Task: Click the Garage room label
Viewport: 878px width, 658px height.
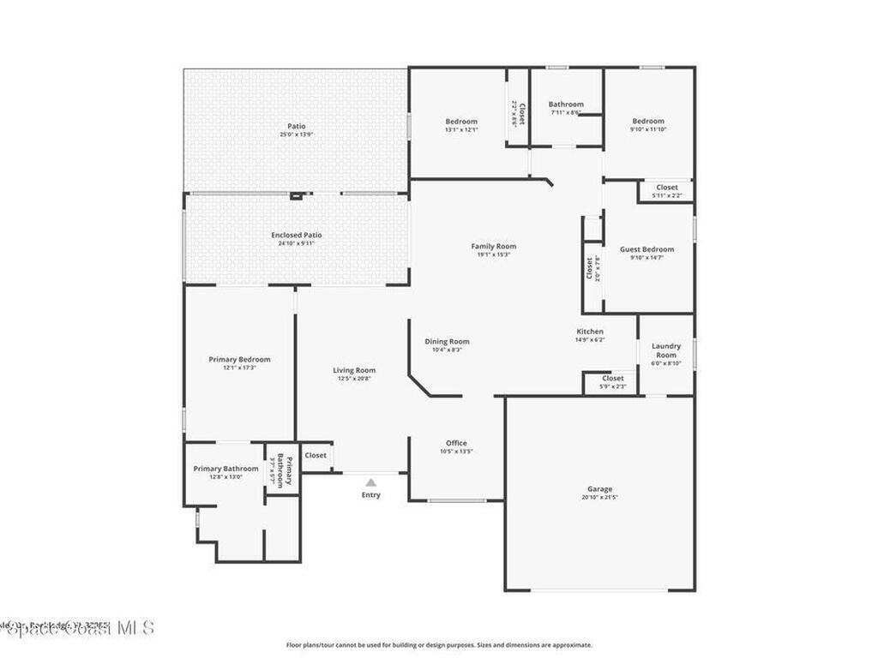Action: click(x=599, y=489)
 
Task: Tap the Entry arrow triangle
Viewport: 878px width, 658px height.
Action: click(x=370, y=482)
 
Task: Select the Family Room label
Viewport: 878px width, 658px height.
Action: click(x=494, y=247)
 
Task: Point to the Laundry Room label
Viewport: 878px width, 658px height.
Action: click(x=666, y=350)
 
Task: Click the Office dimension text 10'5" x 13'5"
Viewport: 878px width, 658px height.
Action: click(x=456, y=452)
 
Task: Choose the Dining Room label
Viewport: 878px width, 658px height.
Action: click(x=447, y=341)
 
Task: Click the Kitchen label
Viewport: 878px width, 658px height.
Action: click(x=590, y=332)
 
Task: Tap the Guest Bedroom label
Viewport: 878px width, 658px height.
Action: click(x=653, y=249)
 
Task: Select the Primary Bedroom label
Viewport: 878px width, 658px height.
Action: click(x=239, y=360)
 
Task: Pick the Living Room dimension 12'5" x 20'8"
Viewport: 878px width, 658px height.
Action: click(x=354, y=378)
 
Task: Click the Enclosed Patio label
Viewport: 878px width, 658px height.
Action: click(x=297, y=235)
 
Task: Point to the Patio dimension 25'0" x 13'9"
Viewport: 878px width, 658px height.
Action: click(x=297, y=135)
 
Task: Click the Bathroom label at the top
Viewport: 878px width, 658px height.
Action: click(x=566, y=105)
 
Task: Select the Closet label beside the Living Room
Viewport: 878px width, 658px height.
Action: click(x=316, y=455)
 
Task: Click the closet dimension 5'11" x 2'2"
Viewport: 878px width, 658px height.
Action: click(x=667, y=195)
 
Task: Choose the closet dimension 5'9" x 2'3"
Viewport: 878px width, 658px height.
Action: click(x=613, y=386)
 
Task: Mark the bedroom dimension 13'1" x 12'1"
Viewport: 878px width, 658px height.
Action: click(x=461, y=129)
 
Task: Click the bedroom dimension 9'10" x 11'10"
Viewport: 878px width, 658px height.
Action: click(x=648, y=129)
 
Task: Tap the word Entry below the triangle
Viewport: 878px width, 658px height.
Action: click(x=370, y=495)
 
